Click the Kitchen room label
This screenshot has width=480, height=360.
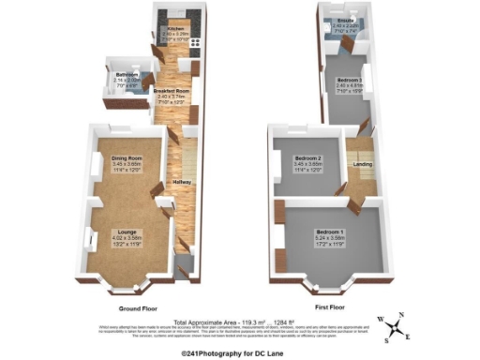coord(175,29)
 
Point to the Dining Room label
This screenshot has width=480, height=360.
coord(126,158)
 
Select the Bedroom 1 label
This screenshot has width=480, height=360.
coord(330,231)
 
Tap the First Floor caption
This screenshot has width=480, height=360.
coord(333,308)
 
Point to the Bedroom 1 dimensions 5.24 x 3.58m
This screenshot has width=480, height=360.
coord(330,238)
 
